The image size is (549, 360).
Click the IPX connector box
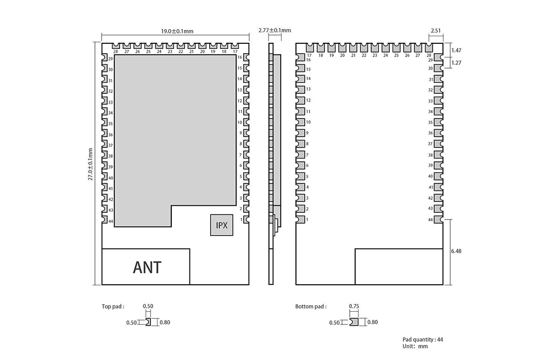coord(222,225)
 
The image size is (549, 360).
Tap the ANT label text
coord(147,268)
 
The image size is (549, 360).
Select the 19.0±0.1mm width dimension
coord(177,31)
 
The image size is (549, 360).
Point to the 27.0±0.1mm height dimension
coord(91,164)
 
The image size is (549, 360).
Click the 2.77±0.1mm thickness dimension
coord(274,30)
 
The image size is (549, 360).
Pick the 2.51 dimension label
coord(435,31)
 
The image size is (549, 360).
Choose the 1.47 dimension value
coord(456,50)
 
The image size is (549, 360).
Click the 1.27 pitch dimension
coord(456,63)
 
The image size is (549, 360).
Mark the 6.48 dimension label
coord(456,251)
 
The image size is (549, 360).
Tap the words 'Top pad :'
coord(113,306)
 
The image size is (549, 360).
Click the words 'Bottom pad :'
coord(311,306)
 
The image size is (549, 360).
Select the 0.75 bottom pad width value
coord(354,306)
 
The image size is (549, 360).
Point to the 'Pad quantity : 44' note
coord(423,339)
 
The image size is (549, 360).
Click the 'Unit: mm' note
coord(415,346)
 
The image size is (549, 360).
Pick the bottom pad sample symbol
coord(354,322)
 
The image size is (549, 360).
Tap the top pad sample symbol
coord(148,322)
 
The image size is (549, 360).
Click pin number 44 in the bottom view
coord(430,220)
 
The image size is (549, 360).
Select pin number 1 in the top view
coord(241,220)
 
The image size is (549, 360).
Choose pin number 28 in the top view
coord(115,52)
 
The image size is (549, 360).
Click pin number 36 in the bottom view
coord(430,133)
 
